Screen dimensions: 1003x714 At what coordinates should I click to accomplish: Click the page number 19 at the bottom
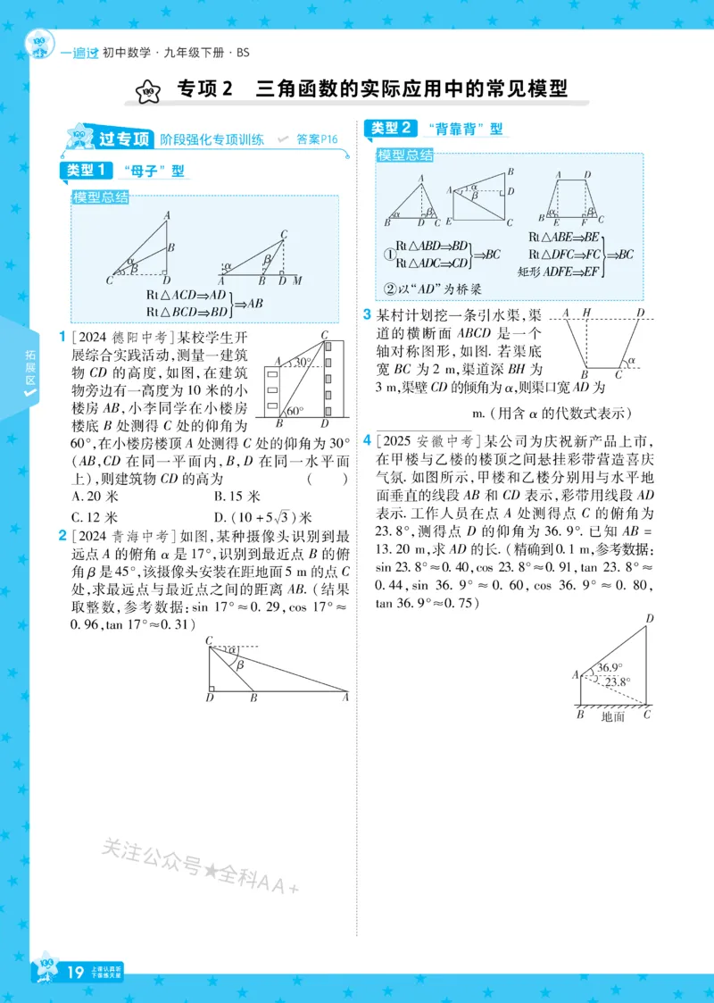(x=76, y=971)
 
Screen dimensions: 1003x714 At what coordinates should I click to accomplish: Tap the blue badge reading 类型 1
(x=87, y=170)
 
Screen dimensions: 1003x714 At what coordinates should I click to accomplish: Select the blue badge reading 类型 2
(x=390, y=129)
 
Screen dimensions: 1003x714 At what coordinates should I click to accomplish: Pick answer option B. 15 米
(x=237, y=496)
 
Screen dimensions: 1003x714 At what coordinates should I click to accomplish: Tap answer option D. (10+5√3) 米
(x=262, y=516)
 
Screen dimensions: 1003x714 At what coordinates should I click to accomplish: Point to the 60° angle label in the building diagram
(x=295, y=412)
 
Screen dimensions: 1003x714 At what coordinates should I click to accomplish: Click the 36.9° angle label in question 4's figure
(x=610, y=666)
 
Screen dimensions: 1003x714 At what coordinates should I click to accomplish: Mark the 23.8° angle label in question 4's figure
(x=617, y=682)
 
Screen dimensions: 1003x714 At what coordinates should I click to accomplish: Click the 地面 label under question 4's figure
(x=613, y=715)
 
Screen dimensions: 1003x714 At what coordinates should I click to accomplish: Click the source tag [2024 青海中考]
(x=122, y=537)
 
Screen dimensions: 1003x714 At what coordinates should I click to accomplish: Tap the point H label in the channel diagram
(x=586, y=313)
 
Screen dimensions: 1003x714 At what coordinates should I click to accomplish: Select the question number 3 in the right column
(x=367, y=314)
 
